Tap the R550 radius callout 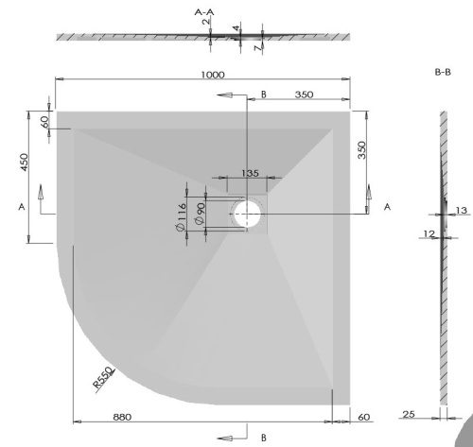point(103,377)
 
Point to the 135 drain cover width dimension point(250,173)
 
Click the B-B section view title point(441,72)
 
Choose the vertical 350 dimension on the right point(362,151)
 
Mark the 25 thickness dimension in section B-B point(409,412)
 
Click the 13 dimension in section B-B point(461,211)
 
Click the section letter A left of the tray point(21,206)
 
